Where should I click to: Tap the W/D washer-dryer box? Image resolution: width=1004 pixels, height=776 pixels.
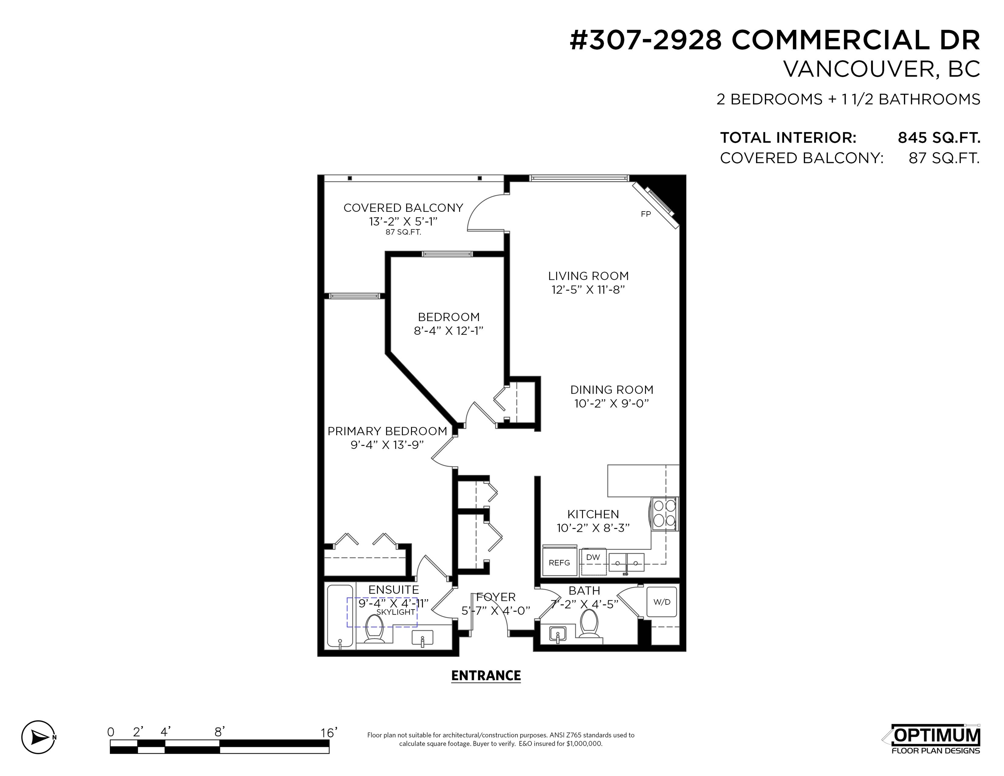coord(662,602)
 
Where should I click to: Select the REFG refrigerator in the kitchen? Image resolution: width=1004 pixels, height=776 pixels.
coord(559,561)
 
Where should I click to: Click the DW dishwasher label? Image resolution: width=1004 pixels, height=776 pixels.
coord(593,557)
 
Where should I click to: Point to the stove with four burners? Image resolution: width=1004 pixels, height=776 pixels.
coord(664,514)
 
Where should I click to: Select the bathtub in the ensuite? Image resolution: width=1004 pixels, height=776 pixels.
coord(340,616)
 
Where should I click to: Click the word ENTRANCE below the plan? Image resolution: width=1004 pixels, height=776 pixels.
coord(486,675)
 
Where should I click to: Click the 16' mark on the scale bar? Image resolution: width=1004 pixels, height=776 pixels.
coord(329,732)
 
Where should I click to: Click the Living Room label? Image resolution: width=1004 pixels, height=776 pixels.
coord(588,276)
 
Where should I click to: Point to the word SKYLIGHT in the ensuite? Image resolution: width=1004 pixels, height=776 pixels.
coord(396,612)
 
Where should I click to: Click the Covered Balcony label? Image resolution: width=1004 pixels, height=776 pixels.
coord(403,208)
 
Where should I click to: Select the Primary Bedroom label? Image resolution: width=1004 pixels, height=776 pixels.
coord(387,431)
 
